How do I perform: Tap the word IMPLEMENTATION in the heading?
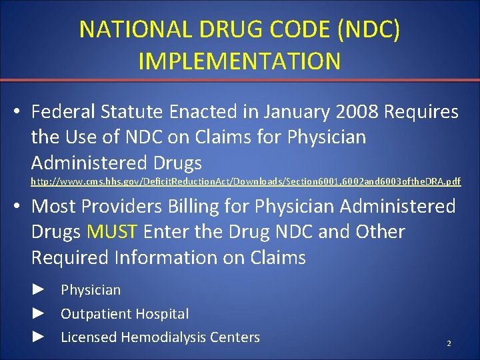pos(240,61)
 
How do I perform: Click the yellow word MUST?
pos(112,232)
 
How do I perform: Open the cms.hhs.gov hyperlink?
pos(246,181)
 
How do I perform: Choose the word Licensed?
pos(86,337)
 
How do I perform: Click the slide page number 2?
pos(449,343)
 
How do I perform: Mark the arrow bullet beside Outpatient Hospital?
pos(39,313)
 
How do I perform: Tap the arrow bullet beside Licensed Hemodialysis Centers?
pos(39,337)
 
